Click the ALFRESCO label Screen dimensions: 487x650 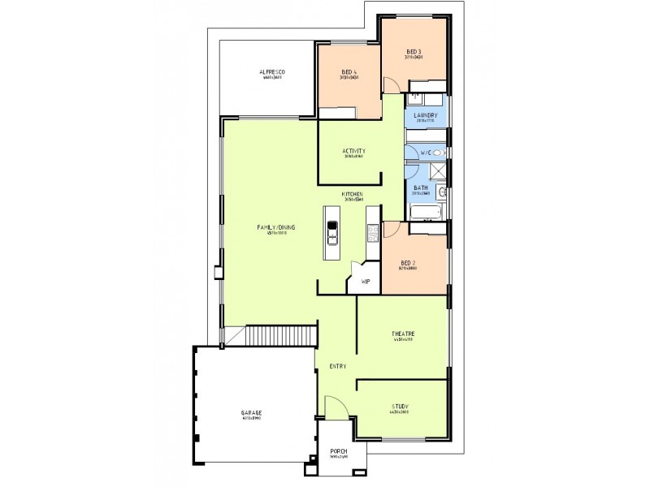pyautogui.click(x=272, y=72)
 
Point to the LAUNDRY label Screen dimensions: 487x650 pyautogui.click(x=426, y=116)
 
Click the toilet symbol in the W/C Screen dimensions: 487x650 pyautogui.click(x=438, y=153)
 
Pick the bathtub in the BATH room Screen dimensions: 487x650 pyautogui.click(x=425, y=213)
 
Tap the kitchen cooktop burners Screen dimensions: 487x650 pyautogui.click(x=373, y=235)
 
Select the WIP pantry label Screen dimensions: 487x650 pyautogui.click(x=366, y=282)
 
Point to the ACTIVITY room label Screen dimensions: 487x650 pyautogui.click(x=353, y=151)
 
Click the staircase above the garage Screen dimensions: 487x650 pyautogui.click(x=280, y=335)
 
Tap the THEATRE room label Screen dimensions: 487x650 pyautogui.click(x=404, y=334)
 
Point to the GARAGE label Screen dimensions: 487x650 pyautogui.click(x=251, y=413)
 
